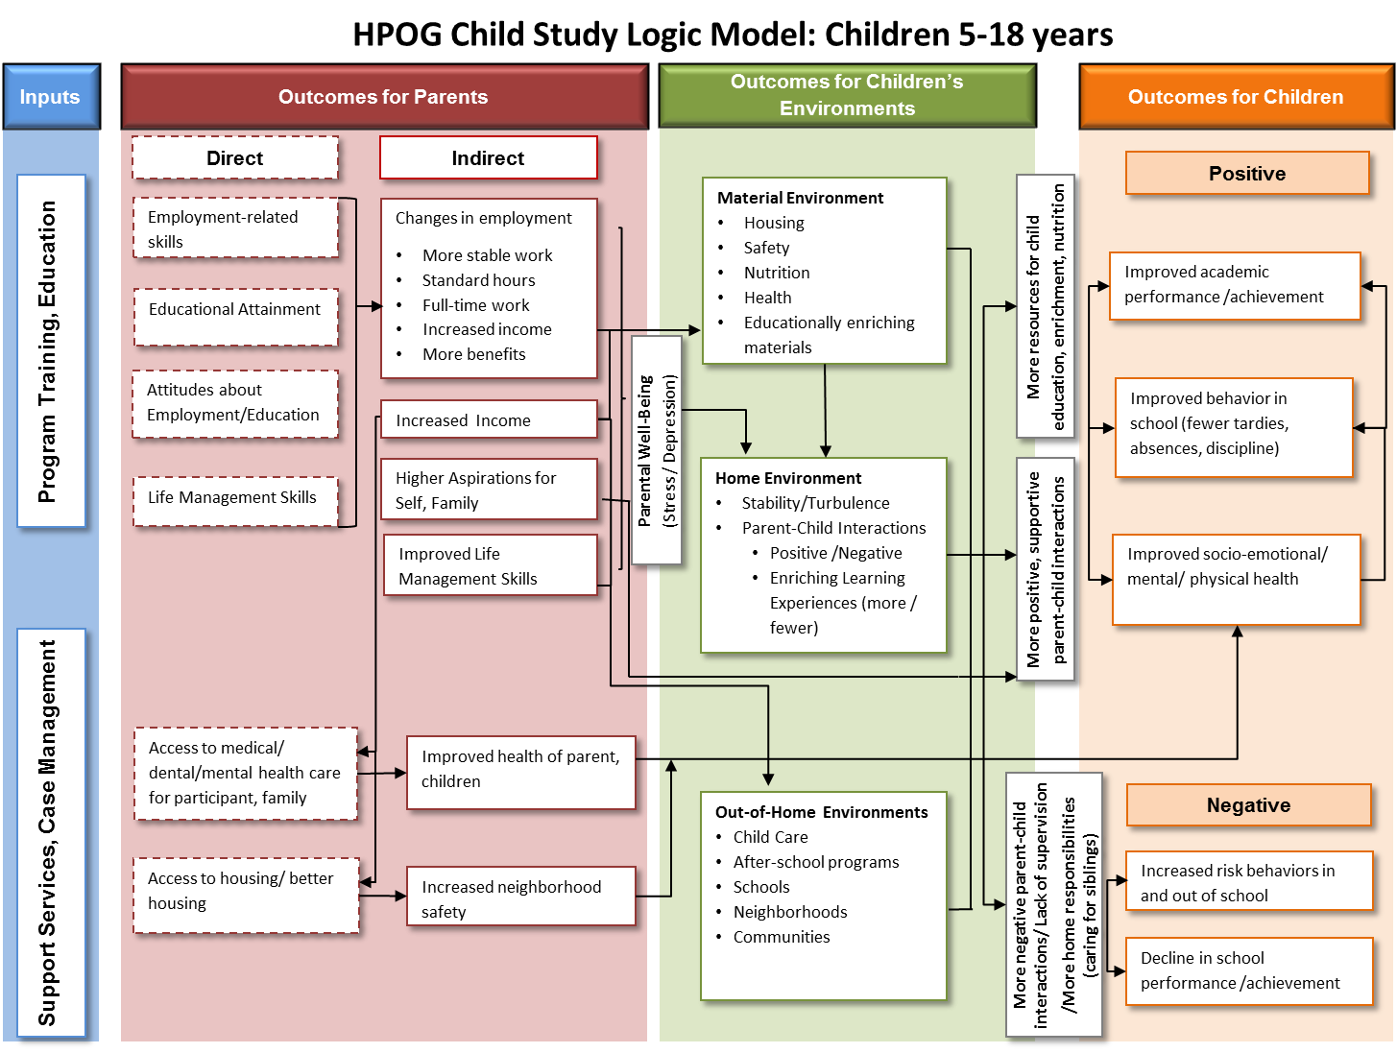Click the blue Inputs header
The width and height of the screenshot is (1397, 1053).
51,97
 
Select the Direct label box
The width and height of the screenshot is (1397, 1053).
235,158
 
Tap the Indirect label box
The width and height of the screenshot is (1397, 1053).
488,158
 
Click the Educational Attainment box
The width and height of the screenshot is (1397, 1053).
235,316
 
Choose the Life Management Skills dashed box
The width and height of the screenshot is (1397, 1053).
235,500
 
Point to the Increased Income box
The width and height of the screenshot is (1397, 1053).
489,420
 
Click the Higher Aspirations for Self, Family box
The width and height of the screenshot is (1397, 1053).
489,490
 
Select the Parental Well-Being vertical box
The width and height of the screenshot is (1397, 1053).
657,450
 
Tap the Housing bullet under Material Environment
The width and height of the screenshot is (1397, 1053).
774,223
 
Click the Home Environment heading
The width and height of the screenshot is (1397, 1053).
787,478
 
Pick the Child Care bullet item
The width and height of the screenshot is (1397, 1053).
770,837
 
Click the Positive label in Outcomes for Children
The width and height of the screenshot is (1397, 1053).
1246,174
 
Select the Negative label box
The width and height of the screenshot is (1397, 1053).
1248,805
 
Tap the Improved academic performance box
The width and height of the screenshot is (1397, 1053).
1235,285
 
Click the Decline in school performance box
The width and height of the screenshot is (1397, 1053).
1248,970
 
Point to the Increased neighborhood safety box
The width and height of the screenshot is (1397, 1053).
520,898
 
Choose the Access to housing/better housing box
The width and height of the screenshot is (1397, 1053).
246,895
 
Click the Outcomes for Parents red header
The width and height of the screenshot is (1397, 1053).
383,97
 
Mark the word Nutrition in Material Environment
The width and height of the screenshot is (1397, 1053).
777,273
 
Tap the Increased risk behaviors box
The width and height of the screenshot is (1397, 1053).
1248,882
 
